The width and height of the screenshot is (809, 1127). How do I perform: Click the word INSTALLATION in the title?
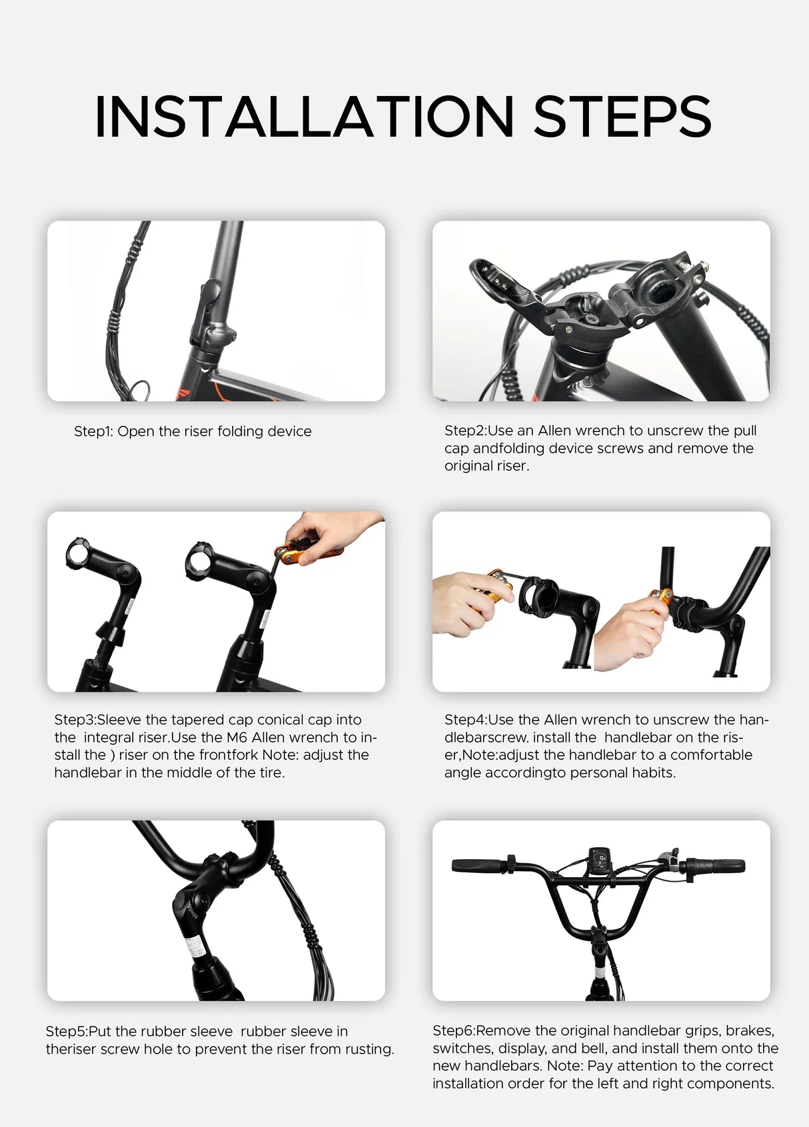(x=304, y=117)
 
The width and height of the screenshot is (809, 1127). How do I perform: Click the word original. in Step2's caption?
(x=486, y=466)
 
